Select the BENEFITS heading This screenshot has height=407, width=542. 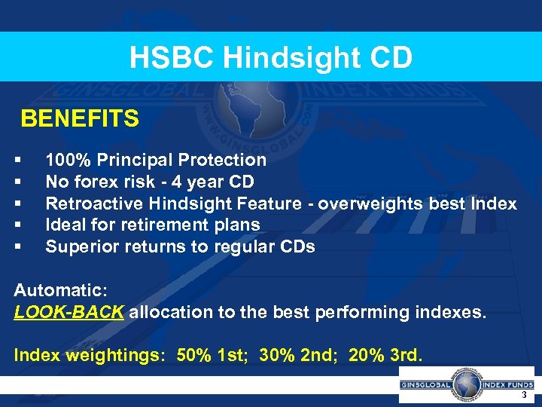tap(80, 119)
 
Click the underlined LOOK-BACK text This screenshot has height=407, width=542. tap(69, 312)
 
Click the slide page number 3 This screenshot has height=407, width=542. tap(523, 396)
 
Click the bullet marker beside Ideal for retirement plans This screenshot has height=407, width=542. tap(17, 225)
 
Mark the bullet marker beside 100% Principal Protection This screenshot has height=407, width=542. tap(17, 161)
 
